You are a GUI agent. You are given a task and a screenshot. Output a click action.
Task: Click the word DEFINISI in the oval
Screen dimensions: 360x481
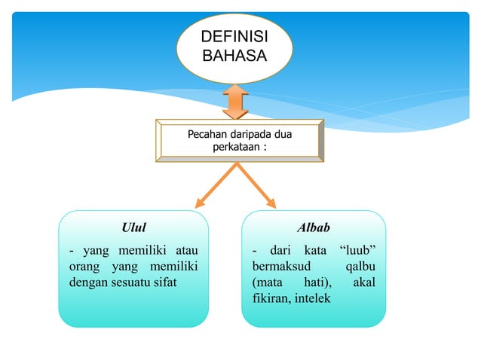[x=234, y=38]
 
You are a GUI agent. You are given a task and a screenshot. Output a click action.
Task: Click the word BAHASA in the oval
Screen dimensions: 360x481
[x=234, y=55]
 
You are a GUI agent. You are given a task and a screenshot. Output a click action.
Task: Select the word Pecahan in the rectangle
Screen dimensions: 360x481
[x=207, y=135]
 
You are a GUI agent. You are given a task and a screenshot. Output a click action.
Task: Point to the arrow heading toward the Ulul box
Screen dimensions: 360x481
[x=213, y=186]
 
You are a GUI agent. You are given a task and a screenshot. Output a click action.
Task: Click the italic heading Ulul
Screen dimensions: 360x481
[x=133, y=227]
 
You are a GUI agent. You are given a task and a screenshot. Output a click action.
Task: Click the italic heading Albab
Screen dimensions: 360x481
[x=314, y=227]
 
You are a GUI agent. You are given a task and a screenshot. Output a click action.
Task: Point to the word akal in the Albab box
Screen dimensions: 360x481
[x=365, y=283]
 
